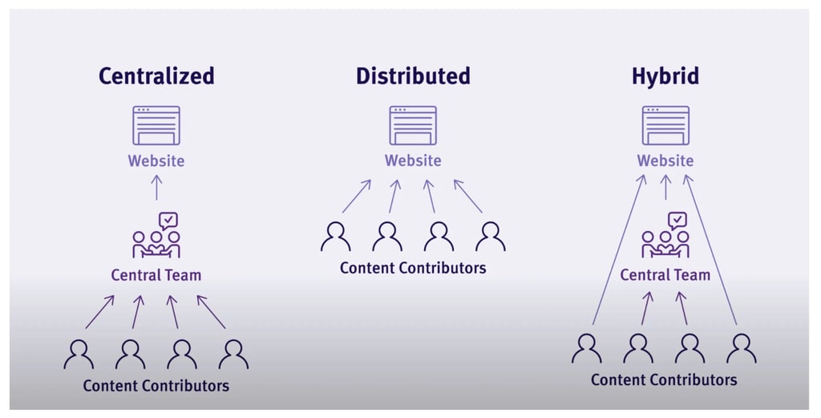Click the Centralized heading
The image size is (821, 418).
156,76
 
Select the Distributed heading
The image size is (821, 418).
413,76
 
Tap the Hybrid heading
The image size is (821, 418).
665,76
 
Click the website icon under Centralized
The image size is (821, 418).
156,125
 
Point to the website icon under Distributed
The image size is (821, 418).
413,125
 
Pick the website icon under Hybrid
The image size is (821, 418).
665,125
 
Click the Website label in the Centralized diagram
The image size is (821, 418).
156,160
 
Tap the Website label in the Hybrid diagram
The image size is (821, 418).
665,160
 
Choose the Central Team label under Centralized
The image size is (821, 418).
156,275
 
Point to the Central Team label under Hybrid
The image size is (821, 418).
665,275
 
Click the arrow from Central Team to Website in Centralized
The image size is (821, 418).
156,188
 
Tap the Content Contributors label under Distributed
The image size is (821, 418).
413,268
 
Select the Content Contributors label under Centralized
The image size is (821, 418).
156,386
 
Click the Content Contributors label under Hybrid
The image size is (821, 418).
664,379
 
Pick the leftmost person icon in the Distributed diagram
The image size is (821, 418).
336,237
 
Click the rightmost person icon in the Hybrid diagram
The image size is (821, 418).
741,348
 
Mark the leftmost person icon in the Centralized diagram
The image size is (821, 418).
79,354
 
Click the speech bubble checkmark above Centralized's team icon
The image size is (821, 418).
168,220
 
